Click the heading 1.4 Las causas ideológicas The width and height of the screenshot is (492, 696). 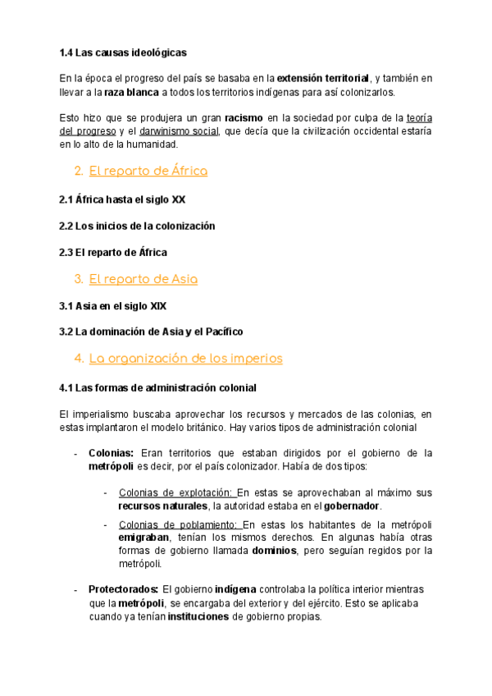123,53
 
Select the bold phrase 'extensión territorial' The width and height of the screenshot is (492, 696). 323,78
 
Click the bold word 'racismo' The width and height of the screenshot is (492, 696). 244,117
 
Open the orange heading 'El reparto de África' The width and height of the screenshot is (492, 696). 148,171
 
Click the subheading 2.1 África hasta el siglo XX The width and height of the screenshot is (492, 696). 128,199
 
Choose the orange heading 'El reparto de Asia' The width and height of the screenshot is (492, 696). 143,279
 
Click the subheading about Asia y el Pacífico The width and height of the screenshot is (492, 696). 151,332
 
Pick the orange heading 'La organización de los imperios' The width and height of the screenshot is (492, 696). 185,358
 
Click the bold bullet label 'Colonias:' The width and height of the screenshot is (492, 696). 111,453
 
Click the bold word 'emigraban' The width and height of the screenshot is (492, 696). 144,538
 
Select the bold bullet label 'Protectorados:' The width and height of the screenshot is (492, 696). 123,590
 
